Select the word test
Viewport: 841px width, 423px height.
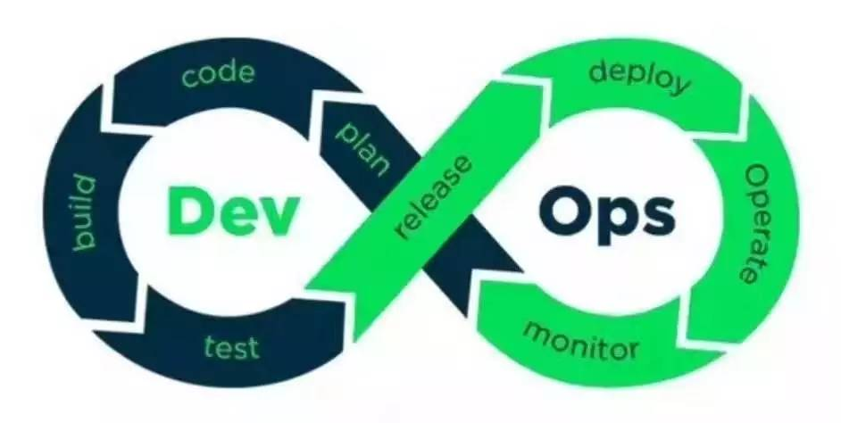pos(230,345)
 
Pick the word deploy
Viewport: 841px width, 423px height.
pos(639,77)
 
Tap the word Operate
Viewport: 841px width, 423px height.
pos(754,224)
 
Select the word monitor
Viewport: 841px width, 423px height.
pos(580,339)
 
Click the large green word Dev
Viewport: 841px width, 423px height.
pos(231,211)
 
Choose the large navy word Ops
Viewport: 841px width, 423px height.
pos(606,211)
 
